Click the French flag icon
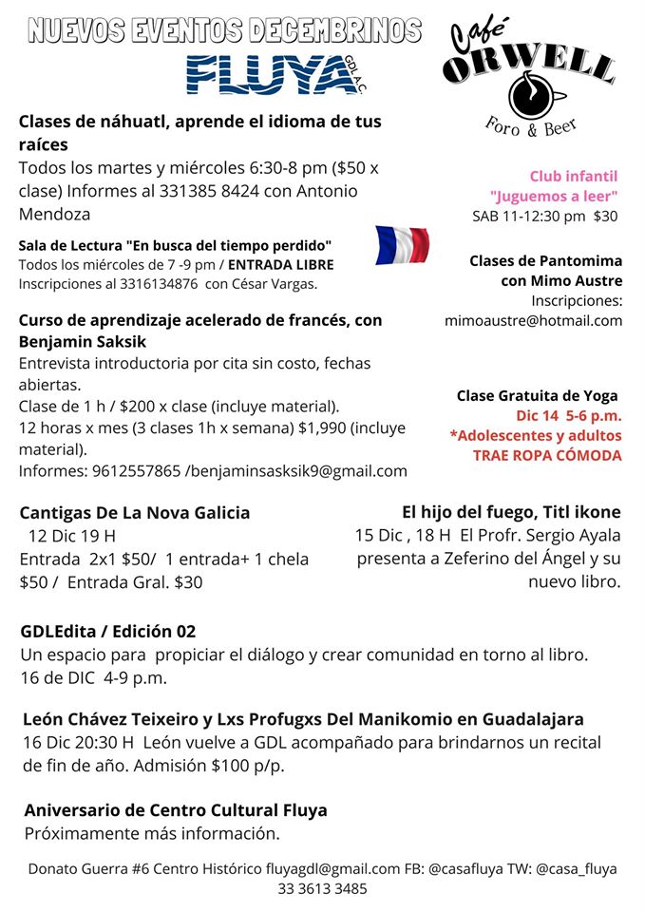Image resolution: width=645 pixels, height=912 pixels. point(402,245)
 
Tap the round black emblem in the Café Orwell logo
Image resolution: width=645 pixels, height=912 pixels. point(528,96)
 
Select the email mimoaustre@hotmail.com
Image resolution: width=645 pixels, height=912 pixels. point(534,320)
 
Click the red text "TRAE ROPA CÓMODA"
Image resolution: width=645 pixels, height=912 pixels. point(547,455)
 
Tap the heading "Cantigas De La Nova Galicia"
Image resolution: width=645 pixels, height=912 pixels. point(135,513)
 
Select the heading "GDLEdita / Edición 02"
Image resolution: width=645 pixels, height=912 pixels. point(108,631)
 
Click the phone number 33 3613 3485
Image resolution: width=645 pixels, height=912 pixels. point(322,889)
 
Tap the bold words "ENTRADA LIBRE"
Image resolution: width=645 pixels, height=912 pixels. point(280,263)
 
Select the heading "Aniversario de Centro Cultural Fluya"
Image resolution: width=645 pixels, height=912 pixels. point(176,810)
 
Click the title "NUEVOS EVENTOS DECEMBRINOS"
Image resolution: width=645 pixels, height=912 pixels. point(224,30)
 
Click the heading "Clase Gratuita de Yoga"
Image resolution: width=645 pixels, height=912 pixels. point(537,395)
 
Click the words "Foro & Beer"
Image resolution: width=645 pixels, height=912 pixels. point(531,124)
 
